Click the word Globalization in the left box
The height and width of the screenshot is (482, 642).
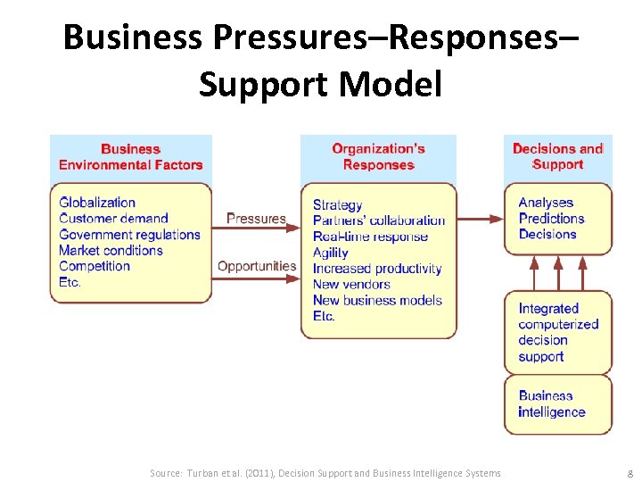point(97,203)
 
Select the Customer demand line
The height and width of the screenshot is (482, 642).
point(113,219)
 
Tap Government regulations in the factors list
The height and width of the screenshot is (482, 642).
point(129,235)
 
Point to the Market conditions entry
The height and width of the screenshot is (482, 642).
point(111,251)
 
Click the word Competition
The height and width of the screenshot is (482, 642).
point(95,266)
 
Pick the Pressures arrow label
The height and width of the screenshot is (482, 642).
point(256,219)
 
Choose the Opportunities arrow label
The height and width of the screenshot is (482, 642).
point(257,266)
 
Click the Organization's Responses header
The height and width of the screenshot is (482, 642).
point(378,157)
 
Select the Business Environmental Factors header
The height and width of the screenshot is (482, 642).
point(131,157)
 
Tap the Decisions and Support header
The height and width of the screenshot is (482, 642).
point(558,156)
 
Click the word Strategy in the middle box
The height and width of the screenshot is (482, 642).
point(337,205)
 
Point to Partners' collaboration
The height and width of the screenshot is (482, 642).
point(378,220)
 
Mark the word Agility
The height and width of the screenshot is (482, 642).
point(330,253)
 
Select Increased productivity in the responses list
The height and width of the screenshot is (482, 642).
point(376,269)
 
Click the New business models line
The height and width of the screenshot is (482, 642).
point(376,301)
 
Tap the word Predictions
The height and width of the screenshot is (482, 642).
point(551,219)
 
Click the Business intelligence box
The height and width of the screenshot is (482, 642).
point(558,404)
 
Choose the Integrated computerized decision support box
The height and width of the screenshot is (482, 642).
point(558,332)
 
